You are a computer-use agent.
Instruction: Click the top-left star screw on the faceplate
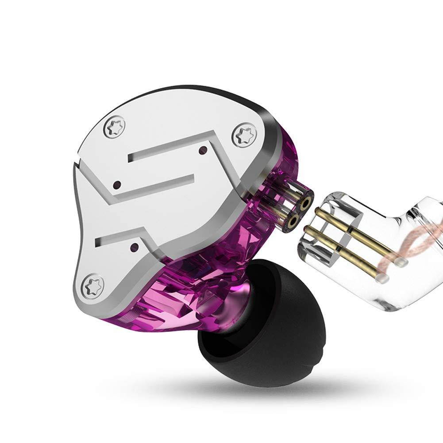(114, 127)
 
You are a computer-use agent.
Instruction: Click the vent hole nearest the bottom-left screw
(135, 245)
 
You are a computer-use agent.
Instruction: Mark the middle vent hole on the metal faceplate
(118, 184)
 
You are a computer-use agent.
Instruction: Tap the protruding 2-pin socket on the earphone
(294, 208)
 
